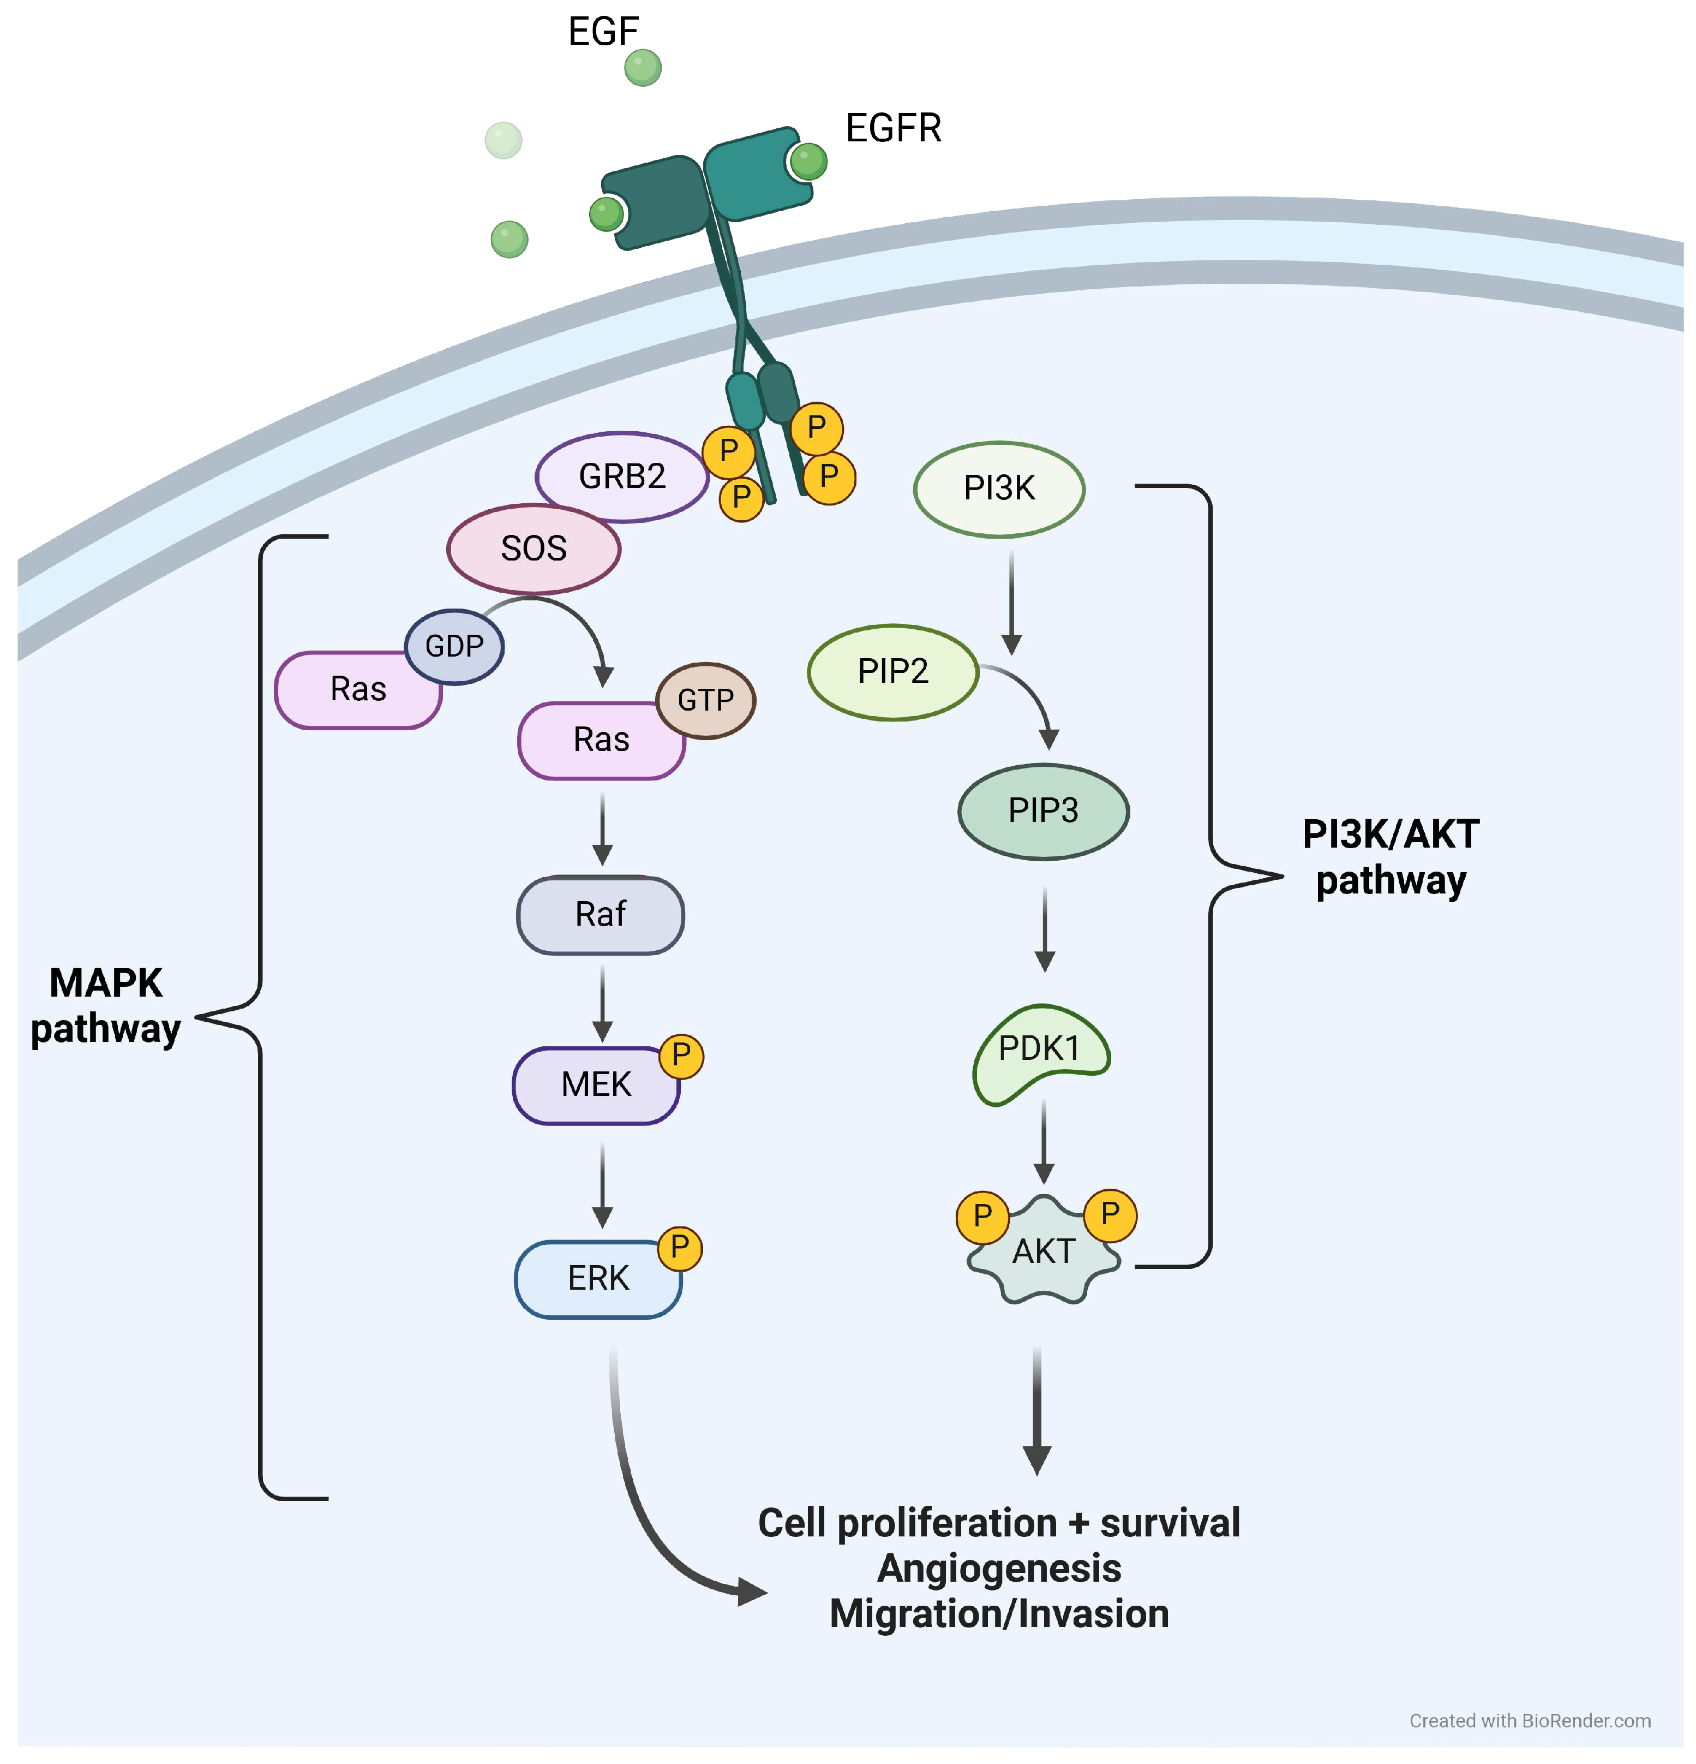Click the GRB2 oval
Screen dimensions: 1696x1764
[x=622, y=476]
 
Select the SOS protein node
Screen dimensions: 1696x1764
[x=534, y=548]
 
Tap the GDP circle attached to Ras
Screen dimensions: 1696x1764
[x=454, y=646]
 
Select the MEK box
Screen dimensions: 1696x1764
[x=596, y=1084]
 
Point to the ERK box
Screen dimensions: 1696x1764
[x=598, y=1279]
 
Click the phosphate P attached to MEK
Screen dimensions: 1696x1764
[x=681, y=1055]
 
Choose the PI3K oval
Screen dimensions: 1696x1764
[x=999, y=488]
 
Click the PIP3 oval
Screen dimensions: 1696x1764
[x=1044, y=811]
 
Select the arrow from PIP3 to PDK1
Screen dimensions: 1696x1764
[x=1045, y=929]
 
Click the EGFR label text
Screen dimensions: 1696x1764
[x=894, y=129]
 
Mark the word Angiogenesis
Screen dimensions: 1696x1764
[x=999, y=1569]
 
